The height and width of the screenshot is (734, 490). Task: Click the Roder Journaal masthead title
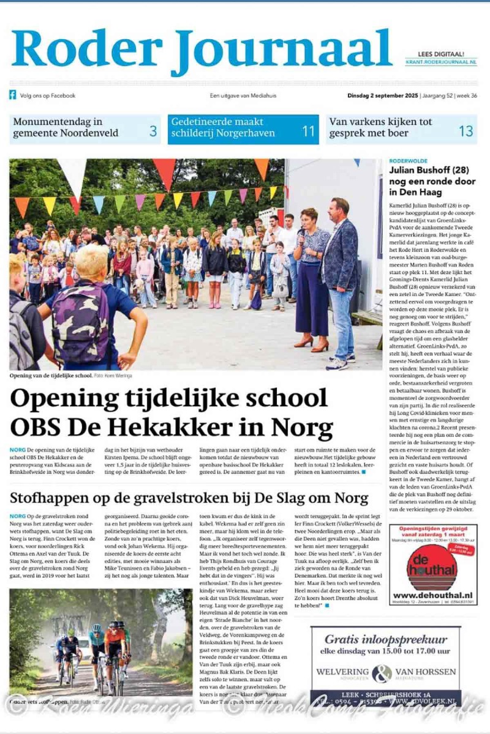(x=201, y=49)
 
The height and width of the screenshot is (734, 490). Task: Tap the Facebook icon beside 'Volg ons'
(x=12, y=95)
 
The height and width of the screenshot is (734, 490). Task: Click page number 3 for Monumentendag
(x=153, y=130)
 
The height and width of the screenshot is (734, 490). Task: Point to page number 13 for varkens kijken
(x=466, y=130)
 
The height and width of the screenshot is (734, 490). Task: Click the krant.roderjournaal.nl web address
(x=441, y=62)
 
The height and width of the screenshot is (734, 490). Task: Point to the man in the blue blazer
(x=341, y=281)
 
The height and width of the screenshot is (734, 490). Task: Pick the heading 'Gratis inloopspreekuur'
(x=385, y=639)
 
